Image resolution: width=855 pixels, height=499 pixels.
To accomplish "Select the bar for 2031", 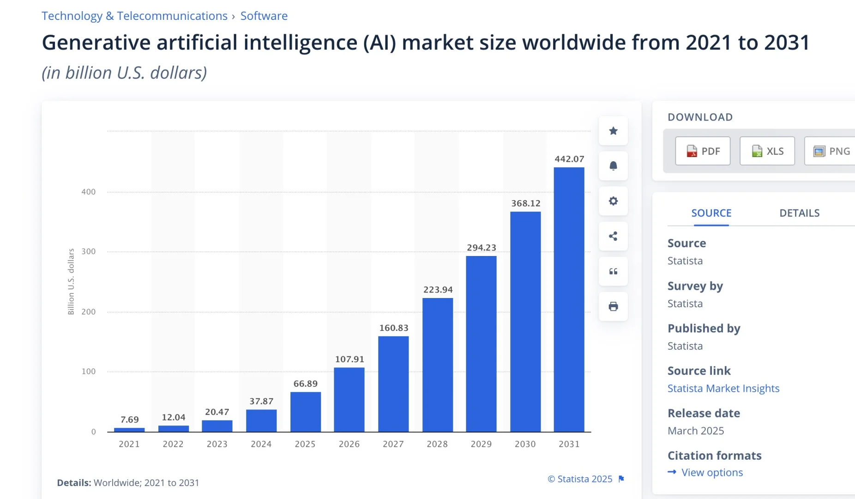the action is [569, 299].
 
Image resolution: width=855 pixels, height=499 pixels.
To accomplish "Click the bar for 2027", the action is [393, 384].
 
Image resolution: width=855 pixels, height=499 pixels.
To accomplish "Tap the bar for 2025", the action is [305, 412].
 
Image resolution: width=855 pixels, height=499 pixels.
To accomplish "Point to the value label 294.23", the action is [482, 248].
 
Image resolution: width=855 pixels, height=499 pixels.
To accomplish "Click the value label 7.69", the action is [130, 420].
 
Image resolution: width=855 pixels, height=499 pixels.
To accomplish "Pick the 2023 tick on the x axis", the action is [217, 444].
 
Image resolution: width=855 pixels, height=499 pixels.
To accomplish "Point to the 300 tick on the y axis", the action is [89, 251].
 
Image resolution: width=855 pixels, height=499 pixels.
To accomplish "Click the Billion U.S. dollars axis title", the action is [71, 281].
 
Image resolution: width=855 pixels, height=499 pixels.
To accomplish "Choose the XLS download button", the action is [767, 151].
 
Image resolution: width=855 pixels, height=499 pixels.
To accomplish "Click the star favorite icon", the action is [613, 131].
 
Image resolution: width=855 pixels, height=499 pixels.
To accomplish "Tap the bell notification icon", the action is [613, 166].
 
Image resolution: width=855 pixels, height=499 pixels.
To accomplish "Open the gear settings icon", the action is [613, 201].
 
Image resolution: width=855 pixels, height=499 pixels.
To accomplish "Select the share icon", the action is [613, 236].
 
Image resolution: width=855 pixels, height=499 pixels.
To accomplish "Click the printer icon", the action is [613, 306].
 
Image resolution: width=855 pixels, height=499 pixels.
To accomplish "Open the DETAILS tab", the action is [800, 213].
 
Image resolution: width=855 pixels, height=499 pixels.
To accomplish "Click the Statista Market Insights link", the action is [723, 388].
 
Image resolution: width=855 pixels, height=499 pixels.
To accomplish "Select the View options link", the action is [712, 472].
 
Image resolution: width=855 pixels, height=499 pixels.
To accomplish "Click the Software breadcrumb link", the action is [264, 16].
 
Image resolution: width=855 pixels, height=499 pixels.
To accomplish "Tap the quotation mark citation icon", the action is [613, 271].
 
